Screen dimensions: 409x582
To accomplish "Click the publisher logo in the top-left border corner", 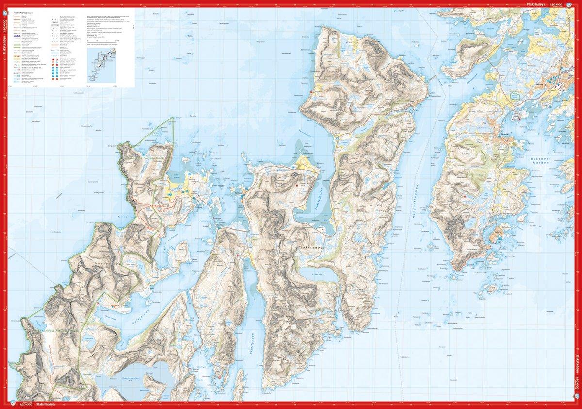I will click(3, 3).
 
